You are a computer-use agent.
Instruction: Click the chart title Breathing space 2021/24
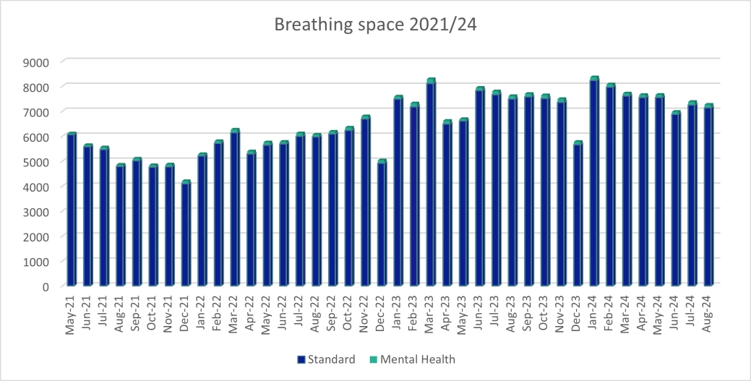pyautogui.click(x=375, y=25)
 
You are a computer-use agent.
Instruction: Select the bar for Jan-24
pyautogui.click(x=594, y=181)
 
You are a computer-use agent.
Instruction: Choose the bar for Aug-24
pyautogui.click(x=708, y=195)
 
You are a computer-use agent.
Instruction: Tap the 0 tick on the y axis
pyautogui.click(x=45, y=286)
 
